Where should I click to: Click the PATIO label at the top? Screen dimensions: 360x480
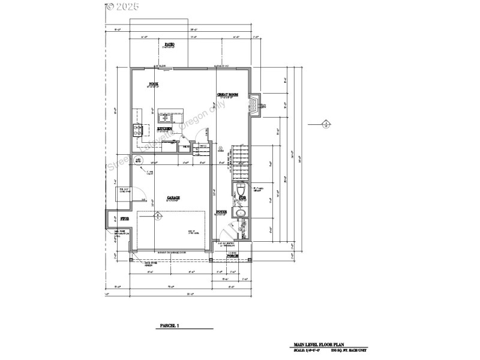pos(170,45)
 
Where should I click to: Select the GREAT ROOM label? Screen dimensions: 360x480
pos(227,95)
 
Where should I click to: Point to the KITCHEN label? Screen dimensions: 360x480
pos(165,128)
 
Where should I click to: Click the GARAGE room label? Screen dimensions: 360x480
pos(174,197)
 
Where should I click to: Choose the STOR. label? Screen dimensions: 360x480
pos(124,219)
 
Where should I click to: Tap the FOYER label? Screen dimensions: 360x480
pos(221,212)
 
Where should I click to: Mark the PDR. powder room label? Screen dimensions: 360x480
pos(242,197)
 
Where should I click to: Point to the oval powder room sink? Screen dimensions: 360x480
pos(240,214)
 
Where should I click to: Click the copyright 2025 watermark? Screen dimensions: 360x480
pos(122,7)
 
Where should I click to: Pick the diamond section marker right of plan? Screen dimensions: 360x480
pos(326,124)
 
